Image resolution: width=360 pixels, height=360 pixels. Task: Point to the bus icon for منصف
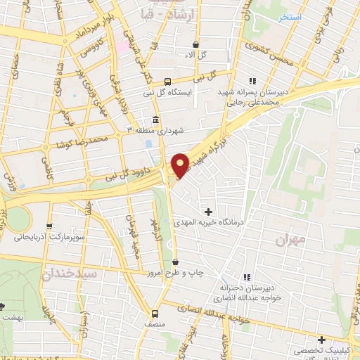coord(156,314)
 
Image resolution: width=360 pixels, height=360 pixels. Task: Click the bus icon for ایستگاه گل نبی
coord(167,81)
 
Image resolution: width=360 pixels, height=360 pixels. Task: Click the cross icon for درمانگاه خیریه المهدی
coord(208,211)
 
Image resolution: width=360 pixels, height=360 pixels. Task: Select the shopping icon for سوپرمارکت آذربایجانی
coord(49,226)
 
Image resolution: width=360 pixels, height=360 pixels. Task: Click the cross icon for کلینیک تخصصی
coord(321,340)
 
